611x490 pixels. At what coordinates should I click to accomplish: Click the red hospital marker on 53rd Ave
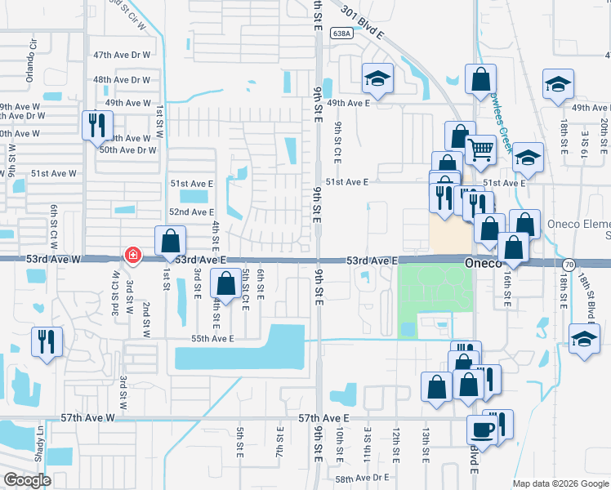tap(132, 256)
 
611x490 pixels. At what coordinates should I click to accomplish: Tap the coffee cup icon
tap(481, 429)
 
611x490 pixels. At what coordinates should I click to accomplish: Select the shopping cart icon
tap(480, 149)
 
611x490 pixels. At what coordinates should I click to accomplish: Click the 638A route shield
tap(342, 33)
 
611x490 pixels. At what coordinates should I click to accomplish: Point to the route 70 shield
tap(569, 265)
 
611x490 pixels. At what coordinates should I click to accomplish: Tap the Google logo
tap(27, 480)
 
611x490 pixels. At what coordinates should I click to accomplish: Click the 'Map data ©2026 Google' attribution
tap(560, 483)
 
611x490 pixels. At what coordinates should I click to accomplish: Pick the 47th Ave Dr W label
tap(122, 55)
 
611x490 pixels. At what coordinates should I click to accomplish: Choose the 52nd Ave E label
tap(191, 212)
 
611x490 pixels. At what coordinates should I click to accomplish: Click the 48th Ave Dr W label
tap(122, 80)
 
